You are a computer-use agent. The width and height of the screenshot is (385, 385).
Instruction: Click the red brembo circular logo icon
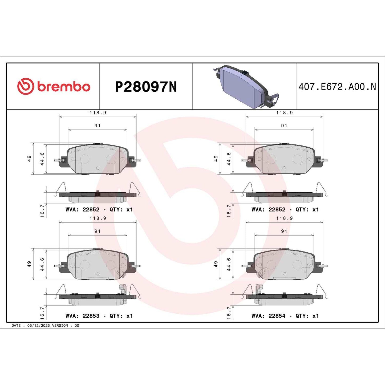pos(26,87)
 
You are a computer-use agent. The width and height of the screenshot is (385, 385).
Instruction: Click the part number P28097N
pos(146,87)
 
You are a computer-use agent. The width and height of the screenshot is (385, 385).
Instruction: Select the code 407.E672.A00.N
pos(337,87)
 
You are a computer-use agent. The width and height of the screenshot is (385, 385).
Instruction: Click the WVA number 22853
pos(91,316)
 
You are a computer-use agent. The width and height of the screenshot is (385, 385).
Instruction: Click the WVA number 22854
pos(277,316)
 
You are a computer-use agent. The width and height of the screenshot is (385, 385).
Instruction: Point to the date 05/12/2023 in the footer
pos(38,326)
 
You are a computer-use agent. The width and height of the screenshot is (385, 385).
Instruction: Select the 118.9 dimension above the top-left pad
pos(98,113)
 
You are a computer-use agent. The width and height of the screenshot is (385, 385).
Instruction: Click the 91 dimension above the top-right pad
pos(284,126)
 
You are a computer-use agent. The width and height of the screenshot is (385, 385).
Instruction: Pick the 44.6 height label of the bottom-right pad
pos(229,264)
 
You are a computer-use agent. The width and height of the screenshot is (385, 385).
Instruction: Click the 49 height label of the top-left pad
pos(29,159)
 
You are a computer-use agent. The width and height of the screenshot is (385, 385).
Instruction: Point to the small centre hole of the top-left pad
pos(98,168)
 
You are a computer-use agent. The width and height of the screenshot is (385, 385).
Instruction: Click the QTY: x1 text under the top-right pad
pos(307,210)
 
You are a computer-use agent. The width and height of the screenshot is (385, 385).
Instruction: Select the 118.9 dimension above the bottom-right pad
pos(284,218)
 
